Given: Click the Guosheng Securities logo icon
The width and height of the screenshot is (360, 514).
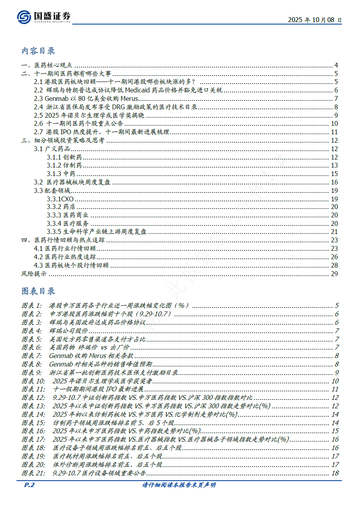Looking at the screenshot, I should coord(24,16).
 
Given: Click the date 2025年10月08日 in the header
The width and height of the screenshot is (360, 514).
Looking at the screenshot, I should coord(315,20).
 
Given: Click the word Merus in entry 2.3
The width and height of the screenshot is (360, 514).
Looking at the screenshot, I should coord(129,98).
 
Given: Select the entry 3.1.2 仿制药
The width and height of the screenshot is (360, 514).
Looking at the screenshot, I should coord(64,166).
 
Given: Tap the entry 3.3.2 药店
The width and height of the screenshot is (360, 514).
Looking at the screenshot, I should coord(61,207).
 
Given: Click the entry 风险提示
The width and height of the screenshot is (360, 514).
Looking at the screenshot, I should coord(34,274).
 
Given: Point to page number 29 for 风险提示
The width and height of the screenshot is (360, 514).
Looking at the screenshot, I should coord(335,274).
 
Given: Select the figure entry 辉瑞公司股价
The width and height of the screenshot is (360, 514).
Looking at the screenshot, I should coord(68,331).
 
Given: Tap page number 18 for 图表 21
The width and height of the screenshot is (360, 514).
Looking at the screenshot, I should coord(335,473).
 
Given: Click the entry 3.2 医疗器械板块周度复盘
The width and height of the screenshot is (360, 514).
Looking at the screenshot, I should coord(72,182).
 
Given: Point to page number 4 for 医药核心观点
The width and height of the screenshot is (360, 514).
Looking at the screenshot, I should coord(336,66).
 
